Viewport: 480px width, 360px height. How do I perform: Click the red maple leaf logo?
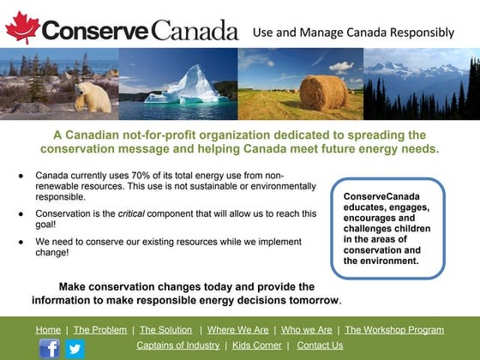[x=22, y=27]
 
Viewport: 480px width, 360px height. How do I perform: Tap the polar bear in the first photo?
[x=93, y=97]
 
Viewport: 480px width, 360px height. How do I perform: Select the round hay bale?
[x=323, y=93]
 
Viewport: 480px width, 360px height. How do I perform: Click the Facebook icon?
[x=50, y=349]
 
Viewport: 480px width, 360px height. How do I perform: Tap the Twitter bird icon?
[x=75, y=349]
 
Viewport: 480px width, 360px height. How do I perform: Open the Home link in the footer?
[x=48, y=330]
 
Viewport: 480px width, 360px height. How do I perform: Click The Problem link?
[x=100, y=330]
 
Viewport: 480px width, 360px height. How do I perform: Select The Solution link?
[x=166, y=330]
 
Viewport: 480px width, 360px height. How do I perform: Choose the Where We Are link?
[x=238, y=330]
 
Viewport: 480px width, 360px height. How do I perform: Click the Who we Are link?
[x=307, y=330]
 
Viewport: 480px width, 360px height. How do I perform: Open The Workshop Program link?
[x=394, y=330]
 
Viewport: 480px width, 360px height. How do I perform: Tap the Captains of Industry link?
[x=178, y=345]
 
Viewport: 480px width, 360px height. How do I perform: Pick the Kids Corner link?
[x=257, y=345]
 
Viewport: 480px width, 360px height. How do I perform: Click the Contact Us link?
[x=320, y=345]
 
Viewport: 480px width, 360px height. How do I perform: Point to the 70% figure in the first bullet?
[x=141, y=176]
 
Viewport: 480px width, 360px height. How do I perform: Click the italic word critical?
[x=131, y=213]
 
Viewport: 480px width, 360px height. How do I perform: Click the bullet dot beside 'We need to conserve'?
[x=21, y=242]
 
